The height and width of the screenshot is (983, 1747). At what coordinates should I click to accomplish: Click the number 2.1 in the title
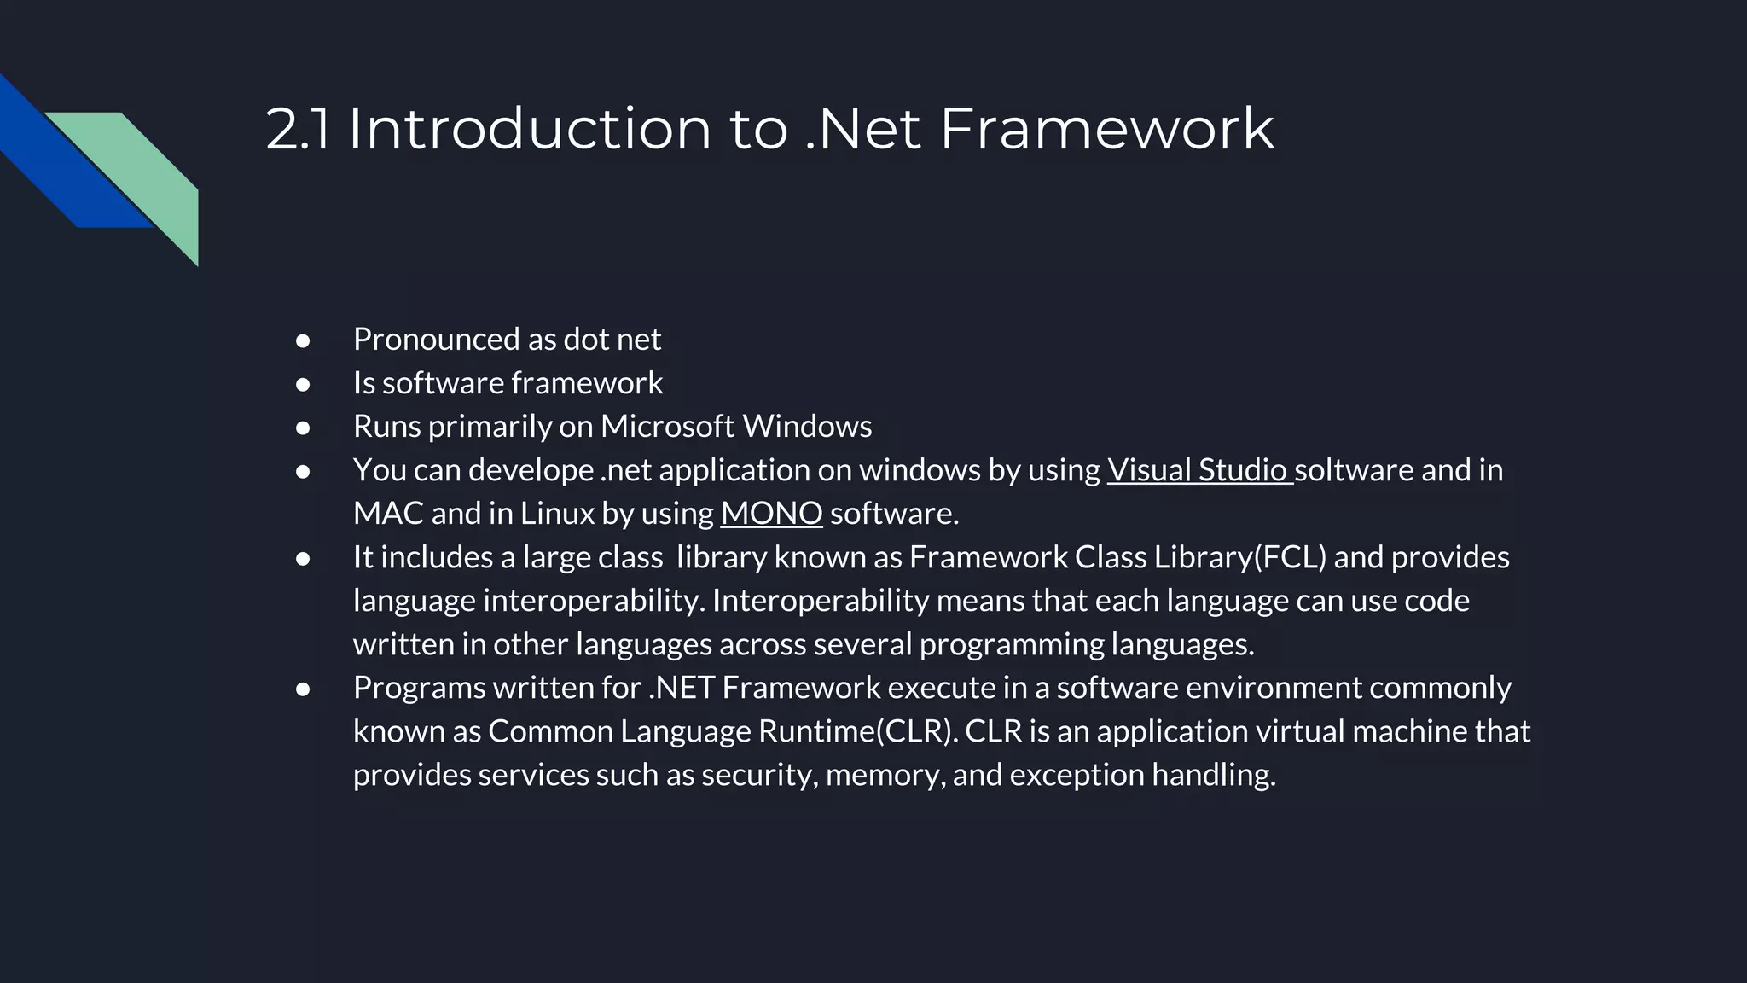point(297,129)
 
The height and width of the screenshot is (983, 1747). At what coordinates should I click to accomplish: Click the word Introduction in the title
point(529,129)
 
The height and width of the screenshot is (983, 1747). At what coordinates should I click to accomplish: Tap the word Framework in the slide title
point(1106,129)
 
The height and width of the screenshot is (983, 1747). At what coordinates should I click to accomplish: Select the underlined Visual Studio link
point(1198,470)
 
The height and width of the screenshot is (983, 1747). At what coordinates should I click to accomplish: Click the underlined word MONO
point(771,514)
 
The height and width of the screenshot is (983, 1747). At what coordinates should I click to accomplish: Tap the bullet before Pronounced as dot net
point(303,340)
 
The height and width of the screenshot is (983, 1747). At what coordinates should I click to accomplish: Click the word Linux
point(557,514)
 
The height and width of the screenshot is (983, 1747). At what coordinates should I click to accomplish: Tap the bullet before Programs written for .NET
point(303,689)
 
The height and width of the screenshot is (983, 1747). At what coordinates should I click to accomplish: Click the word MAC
point(388,514)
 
